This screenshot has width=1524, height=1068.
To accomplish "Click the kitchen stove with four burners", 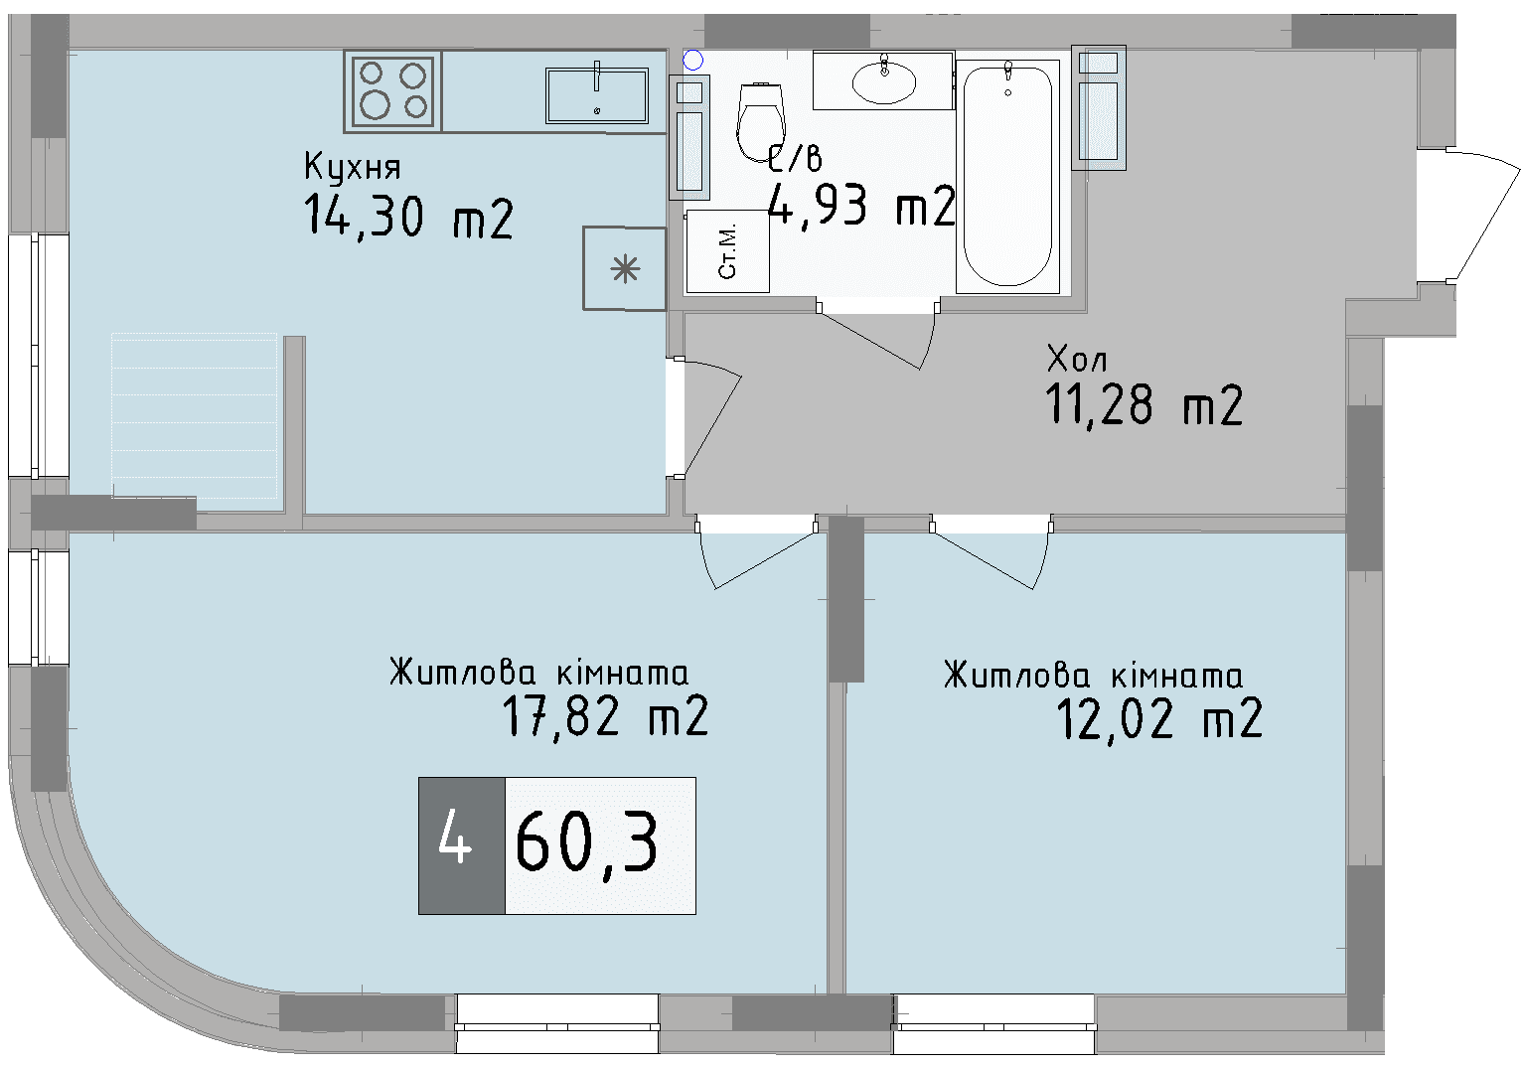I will coord(393,90).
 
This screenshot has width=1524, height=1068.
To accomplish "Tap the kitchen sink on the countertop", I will coord(596,95).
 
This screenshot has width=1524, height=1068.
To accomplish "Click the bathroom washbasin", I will coord(884,82).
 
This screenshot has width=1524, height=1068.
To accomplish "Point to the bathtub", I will coord(1007,176).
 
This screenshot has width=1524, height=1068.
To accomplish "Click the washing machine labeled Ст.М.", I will coord(727,251).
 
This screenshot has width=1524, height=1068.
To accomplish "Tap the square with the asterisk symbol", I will coord(624,269).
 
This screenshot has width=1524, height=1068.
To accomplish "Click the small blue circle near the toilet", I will coord(693,61).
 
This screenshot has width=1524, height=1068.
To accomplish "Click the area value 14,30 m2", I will coord(408,217).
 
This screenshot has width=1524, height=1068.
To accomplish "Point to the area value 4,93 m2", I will coord(861,207).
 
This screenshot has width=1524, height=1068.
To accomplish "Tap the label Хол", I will coord(1077,358).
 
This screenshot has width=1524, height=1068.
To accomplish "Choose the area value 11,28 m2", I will coord(1143,405).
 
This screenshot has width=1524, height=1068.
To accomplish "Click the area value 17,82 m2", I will coord(605,716).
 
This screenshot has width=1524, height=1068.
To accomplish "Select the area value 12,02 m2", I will coord(1158,718).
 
